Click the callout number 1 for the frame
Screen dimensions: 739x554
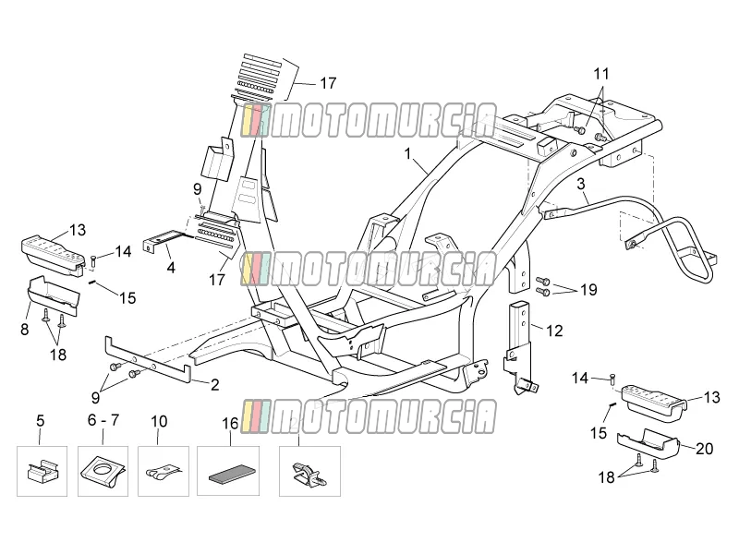(408, 154)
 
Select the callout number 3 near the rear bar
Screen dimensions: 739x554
(581, 184)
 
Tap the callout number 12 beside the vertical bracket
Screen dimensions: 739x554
(554, 331)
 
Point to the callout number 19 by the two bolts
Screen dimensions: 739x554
(588, 289)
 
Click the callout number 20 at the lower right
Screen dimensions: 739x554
(705, 449)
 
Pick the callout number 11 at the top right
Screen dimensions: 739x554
(601, 74)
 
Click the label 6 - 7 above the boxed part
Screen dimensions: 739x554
(103, 420)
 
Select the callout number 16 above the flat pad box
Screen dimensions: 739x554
(230, 424)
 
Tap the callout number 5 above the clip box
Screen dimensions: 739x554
(40, 420)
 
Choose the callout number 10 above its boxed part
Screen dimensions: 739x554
(159, 421)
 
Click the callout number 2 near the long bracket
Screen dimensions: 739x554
(215, 385)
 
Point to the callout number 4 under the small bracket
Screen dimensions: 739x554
(171, 268)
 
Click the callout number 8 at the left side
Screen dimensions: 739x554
(25, 329)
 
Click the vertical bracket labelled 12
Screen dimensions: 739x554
(519, 346)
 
